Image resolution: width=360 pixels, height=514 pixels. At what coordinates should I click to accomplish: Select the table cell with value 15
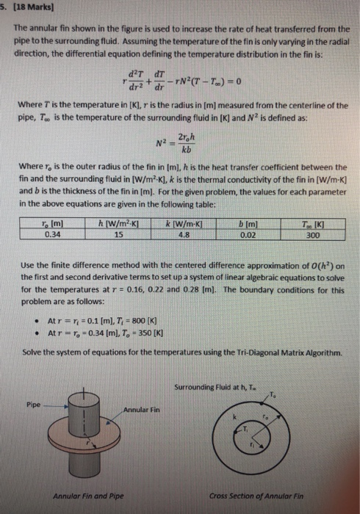click(x=125, y=235)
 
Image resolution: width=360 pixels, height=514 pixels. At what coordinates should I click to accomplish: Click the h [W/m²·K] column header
click(x=125, y=225)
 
